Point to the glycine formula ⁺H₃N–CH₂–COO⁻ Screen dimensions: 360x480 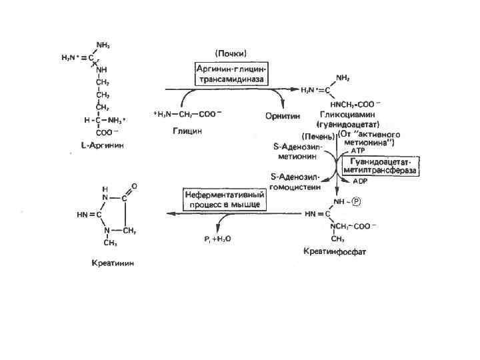(186, 115)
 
